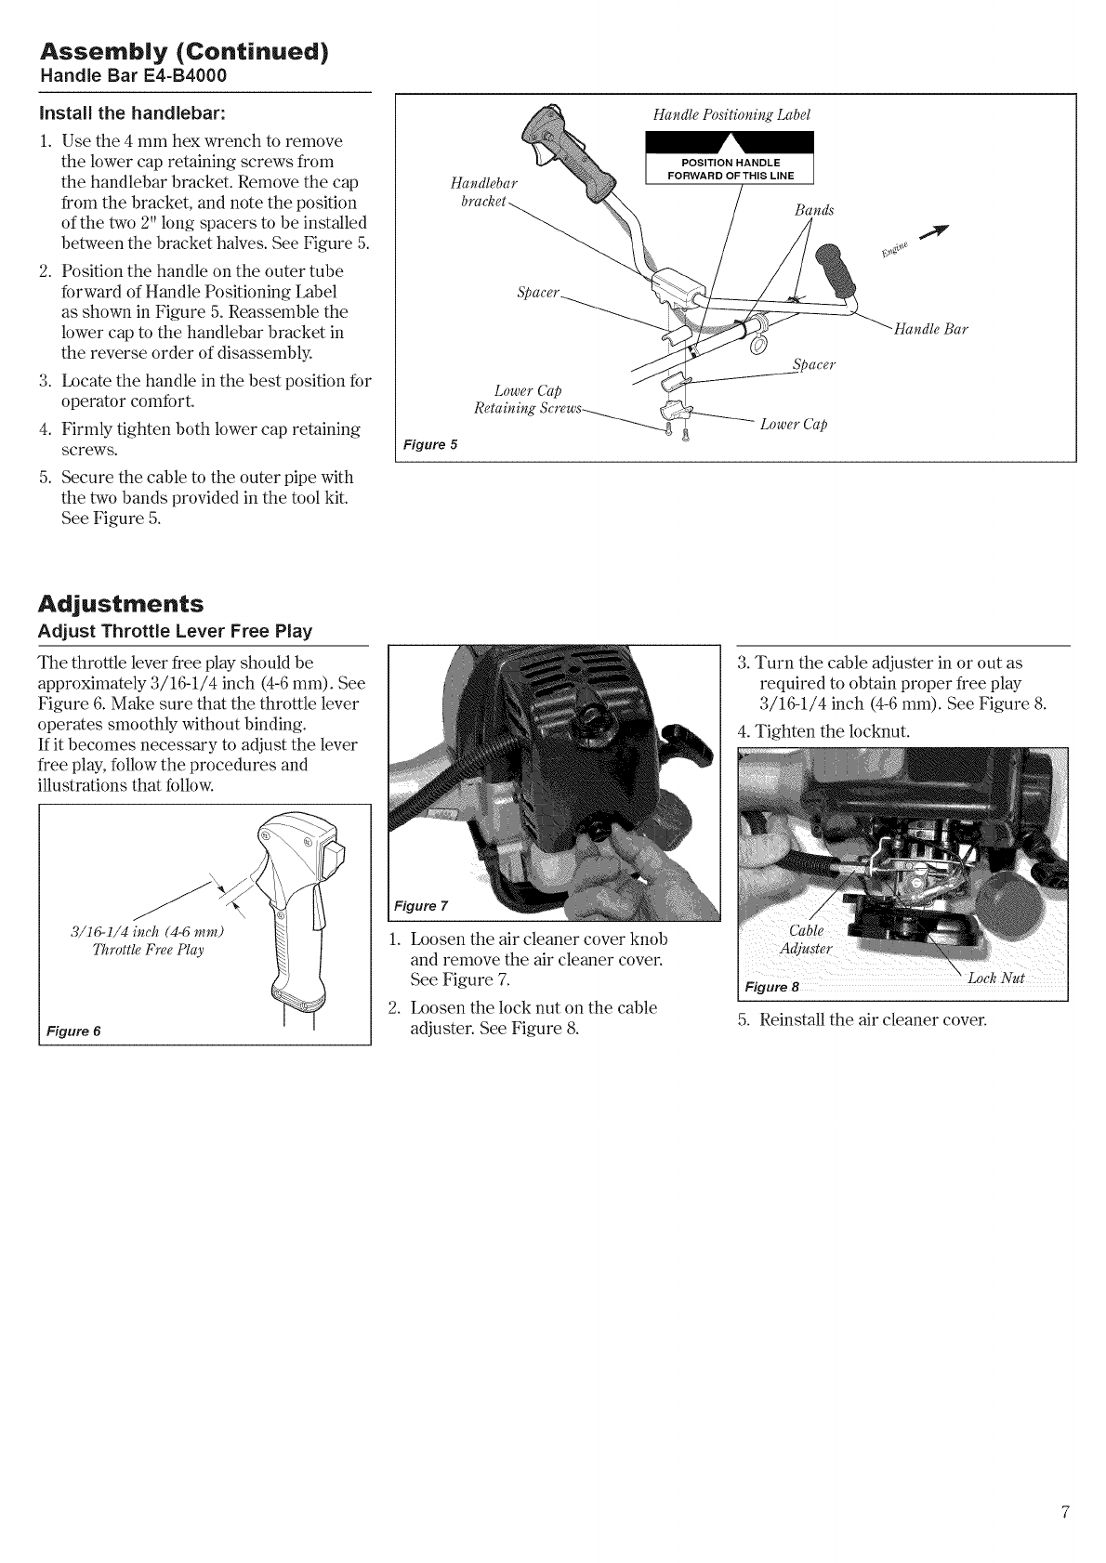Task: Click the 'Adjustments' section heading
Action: point(120,604)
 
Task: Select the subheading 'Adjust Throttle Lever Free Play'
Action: point(175,632)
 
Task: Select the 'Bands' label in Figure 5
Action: point(814,210)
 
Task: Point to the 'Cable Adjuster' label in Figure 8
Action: point(806,939)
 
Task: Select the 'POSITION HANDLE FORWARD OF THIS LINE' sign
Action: point(730,169)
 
